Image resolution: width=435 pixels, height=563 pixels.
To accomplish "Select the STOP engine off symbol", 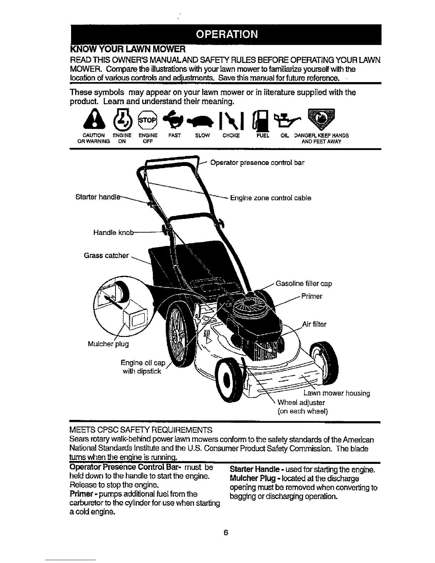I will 147,120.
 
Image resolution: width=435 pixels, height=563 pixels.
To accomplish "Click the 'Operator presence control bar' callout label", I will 257,163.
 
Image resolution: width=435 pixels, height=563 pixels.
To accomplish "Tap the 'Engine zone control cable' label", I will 270,198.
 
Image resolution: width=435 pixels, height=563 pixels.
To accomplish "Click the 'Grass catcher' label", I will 106,255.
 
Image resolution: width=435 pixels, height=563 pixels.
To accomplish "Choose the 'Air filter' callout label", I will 314,324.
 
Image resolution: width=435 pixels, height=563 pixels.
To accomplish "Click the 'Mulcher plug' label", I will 108,344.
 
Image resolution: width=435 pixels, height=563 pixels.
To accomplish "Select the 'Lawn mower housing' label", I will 337,393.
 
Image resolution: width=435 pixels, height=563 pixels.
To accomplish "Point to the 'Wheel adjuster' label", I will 301,402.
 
